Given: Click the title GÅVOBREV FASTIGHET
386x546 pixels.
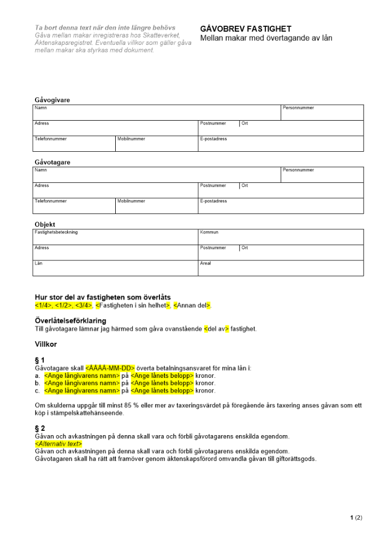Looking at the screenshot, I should tap(246, 29).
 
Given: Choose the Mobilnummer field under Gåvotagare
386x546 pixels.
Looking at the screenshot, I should tap(156, 206).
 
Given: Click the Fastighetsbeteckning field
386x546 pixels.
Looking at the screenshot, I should tap(115, 238).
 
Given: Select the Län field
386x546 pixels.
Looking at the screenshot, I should tap(115, 269).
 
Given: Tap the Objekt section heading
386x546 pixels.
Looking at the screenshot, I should tap(45, 224).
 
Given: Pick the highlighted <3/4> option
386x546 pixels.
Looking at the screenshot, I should tap(85, 305).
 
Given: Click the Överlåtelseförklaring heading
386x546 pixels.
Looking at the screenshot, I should tap(70, 321).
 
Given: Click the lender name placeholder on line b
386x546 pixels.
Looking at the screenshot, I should tap(81, 383).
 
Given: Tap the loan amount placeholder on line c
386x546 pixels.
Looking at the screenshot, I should tap(162, 390).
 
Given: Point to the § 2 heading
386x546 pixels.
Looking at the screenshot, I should tap(40, 429).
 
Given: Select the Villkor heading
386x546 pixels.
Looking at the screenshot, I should tap(46, 345).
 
